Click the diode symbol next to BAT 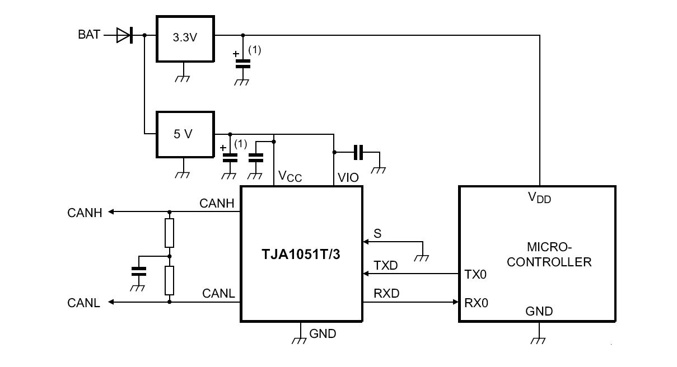[124, 35]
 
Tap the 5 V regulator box [184, 134]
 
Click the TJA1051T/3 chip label [301, 254]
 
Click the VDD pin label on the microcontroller [540, 197]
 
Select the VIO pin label [348, 178]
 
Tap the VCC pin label [290, 178]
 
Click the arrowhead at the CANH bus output [111, 212]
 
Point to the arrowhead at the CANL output [111, 302]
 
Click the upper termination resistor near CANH [169, 233]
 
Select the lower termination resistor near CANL [169, 280]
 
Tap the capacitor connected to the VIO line [358, 152]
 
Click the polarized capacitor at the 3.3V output [242, 63]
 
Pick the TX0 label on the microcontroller [476, 275]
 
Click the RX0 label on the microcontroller [477, 303]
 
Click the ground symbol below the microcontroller [539, 340]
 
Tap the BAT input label [88, 35]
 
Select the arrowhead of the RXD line [456, 303]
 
